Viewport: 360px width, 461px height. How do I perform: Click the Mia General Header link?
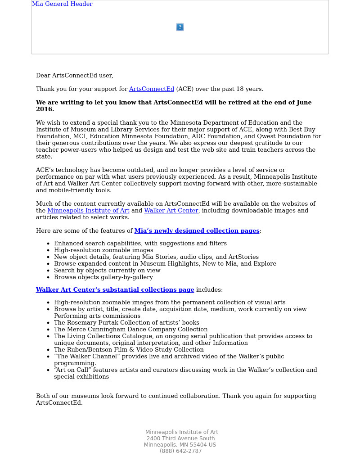coord(62,4)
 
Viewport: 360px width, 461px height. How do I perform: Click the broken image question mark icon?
coord(180,27)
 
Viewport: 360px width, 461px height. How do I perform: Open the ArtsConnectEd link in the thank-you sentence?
coord(151,89)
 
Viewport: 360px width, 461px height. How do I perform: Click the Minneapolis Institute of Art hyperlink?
coord(88,211)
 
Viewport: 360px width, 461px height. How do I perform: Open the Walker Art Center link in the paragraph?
coord(171,211)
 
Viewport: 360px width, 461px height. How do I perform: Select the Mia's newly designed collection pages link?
coord(197,231)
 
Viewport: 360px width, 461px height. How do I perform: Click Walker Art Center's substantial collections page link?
coord(115,290)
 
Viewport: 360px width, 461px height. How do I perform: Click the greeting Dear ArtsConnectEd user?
coord(74,76)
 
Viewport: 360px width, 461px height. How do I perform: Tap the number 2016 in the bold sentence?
coord(45,109)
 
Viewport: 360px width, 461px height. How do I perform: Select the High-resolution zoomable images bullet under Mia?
coord(103,250)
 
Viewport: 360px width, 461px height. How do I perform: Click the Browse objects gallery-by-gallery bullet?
coord(103,277)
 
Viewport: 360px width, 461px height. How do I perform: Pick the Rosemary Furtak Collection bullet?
coord(126,323)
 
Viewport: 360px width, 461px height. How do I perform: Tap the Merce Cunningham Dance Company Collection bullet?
coord(130,330)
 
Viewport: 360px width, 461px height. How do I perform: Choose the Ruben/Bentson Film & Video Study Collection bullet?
coord(129,350)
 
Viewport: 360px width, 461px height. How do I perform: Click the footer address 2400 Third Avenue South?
coord(180,438)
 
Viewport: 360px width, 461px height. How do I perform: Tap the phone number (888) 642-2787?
coord(180,451)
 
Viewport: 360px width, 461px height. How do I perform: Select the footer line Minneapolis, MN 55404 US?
coord(180,445)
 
